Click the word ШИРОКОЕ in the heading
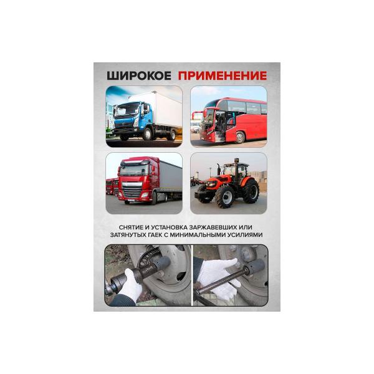pyautogui.click(x=139, y=76)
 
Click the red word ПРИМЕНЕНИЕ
pyautogui.click(x=223, y=76)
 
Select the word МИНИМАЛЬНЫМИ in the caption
pyautogui.click(x=194, y=235)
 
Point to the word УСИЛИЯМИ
pyautogui.click(x=245, y=235)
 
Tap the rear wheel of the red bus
pyautogui.click(x=240, y=137)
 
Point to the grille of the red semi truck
pyautogui.click(x=132, y=190)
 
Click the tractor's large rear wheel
pyautogui.click(x=251, y=191)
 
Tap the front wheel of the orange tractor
pyautogui.click(x=225, y=196)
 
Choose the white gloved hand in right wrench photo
pyautogui.click(x=218, y=277)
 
